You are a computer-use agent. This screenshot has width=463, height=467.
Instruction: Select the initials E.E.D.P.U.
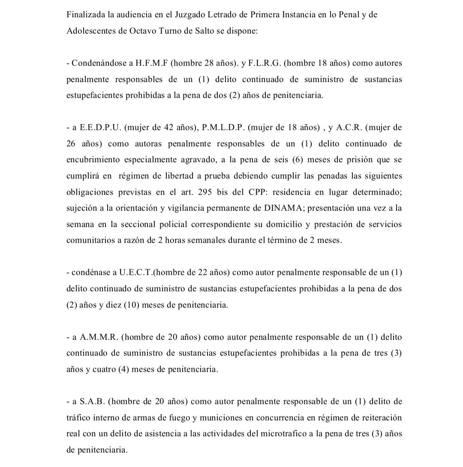pos(100,128)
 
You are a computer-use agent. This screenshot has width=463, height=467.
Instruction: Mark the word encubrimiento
pos(92,160)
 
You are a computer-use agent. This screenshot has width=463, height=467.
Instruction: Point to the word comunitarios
pos(90,240)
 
